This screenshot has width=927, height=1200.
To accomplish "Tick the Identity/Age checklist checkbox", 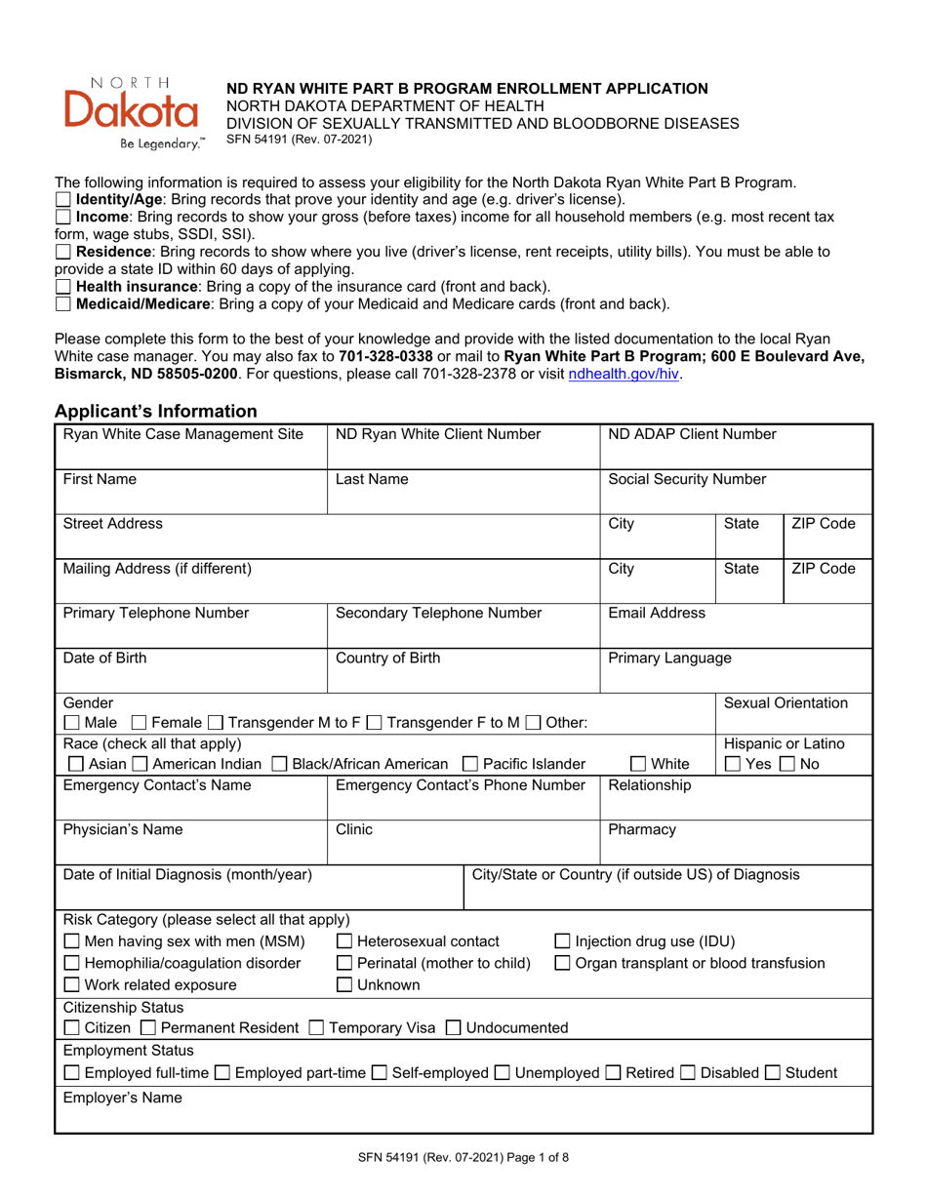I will click(63, 200).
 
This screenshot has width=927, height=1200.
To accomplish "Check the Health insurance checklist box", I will click(63, 287).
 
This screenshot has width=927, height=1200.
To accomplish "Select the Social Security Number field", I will click(734, 497).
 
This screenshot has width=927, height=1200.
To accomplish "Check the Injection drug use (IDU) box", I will click(563, 941).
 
